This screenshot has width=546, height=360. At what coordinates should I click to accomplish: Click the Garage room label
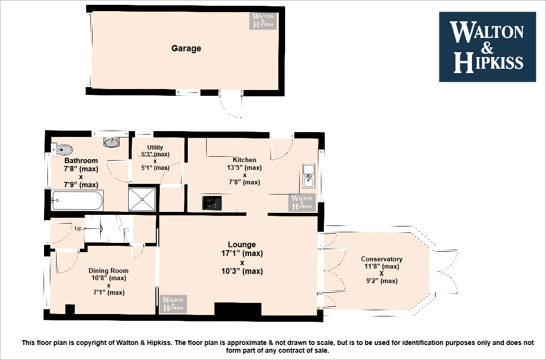(x=186, y=48)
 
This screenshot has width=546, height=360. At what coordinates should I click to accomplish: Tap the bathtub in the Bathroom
(x=77, y=200)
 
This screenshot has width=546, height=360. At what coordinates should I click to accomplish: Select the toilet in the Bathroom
(x=62, y=149)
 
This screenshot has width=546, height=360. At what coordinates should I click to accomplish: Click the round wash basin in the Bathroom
(x=111, y=142)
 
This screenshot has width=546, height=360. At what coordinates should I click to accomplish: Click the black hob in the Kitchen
(x=212, y=203)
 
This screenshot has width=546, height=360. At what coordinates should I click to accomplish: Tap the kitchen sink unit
(x=308, y=176)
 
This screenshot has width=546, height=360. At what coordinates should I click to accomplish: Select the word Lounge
(x=242, y=244)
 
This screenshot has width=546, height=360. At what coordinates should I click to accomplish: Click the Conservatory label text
(x=381, y=259)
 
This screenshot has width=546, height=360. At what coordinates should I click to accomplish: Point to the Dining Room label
(x=108, y=270)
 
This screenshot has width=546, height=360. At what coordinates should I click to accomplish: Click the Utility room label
(x=155, y=148)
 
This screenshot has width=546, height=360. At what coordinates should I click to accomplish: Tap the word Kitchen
(x=244, y=160)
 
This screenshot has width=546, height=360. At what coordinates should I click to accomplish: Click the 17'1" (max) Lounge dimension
(x=242, y=253)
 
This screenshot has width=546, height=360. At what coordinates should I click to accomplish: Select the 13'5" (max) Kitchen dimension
(x=244, y=168)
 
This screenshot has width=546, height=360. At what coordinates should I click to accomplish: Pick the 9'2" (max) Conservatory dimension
(x=381, y=281)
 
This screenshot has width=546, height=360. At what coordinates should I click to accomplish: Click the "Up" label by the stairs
(x=77, y=228)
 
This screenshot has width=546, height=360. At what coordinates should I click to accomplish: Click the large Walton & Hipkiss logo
(x=487, y=47)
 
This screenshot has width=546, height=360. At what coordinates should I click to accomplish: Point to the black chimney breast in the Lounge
(x=238, y=309)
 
